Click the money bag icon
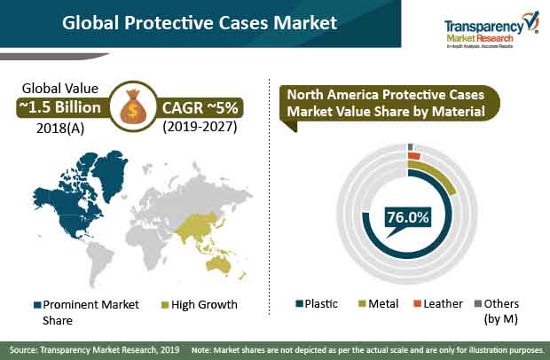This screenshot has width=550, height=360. point(133,106)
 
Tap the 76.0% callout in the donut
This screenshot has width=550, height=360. point(407,217)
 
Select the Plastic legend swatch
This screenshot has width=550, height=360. point(299,303)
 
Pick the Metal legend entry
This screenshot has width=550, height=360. point(378,303)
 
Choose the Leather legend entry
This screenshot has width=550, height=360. point(438,303)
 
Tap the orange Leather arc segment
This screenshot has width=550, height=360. point(414,156)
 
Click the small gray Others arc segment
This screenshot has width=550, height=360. point(411,146)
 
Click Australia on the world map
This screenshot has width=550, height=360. point(218,263)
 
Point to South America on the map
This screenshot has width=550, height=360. point(99,262)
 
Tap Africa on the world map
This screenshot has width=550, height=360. point(147,246)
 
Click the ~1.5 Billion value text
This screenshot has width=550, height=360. point(60,107)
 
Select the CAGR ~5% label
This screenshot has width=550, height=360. point(200,107)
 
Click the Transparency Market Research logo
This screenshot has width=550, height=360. point(491,30)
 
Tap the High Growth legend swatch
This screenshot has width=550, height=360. point(165,305)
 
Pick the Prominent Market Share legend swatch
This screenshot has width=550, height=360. point(37,305)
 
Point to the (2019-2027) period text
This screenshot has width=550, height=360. point(200,127)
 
